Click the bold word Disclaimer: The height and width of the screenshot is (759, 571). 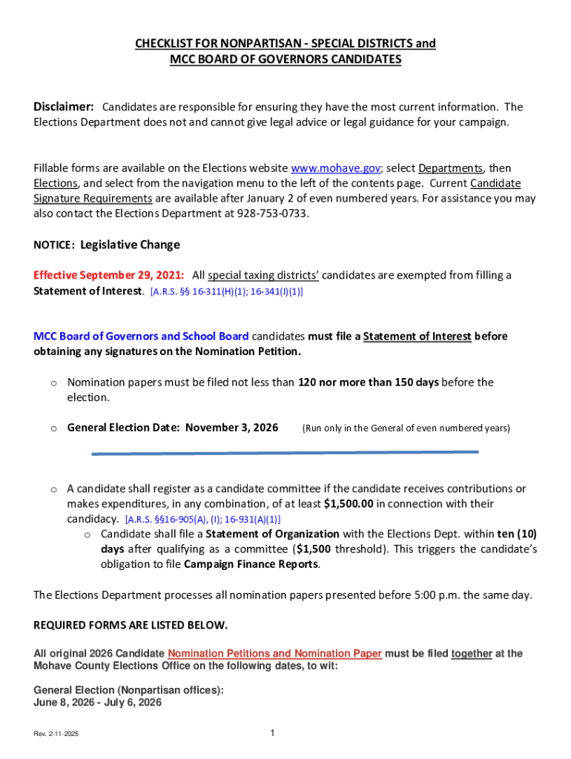pyautogui.click(x=63, y=107)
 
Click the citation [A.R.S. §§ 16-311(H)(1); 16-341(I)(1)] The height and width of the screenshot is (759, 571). pyautogui.click(x=226, y=292)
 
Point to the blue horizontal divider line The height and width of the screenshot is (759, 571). pyautogui.click(x=285, y=452)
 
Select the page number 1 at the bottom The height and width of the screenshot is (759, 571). pyautogui.click(x=273, y=733)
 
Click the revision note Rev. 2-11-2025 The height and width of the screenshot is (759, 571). pyautogui.click(x=56, y=734)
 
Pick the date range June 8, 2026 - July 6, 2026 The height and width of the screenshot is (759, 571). pyautogui.click(x=97, y=703)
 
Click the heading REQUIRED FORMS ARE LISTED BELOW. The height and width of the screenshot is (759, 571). pyautogui.click(x=131, y=626)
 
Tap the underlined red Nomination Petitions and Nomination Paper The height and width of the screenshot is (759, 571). pyautogui.click(x=275, y=654)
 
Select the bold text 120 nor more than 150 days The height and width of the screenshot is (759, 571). pyautogui.click(x=369, y=382)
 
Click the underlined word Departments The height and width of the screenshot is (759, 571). pyautogui.click(x=450, y=168)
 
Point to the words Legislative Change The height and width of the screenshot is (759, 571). pyautogui.click(x=130, y=245)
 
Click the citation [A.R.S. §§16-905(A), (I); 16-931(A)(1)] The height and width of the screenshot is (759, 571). pyautogui.click(x=202, y=520)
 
